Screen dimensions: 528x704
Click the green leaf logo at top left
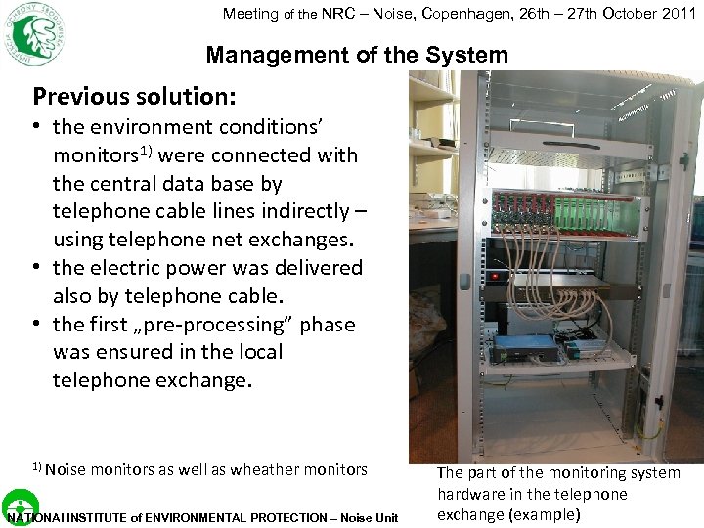pos(33,32)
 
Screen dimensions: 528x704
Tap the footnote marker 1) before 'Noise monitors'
pos(37,467)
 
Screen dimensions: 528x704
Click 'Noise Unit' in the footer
pos(369,518)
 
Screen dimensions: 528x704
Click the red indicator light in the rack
pos(495,276)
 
